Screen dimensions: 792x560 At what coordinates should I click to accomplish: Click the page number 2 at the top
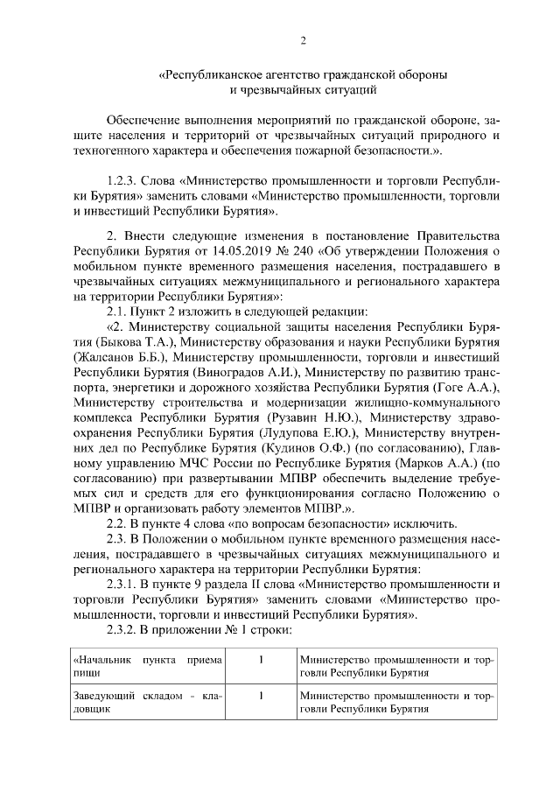tap(303, 40)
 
